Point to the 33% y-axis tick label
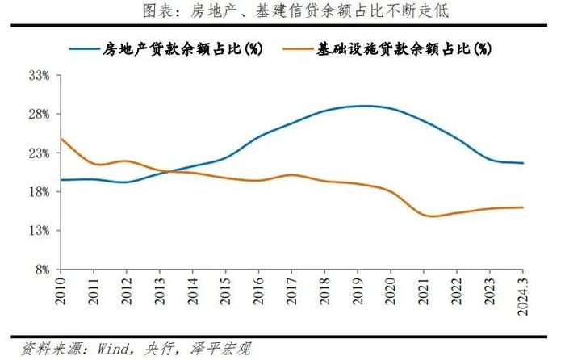coord(40,75)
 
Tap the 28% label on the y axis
coord(40,114)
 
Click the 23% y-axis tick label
coord(40,153)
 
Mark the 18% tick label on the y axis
coord(40,191)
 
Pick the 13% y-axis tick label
coord(40,230)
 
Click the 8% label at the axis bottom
coord(43,269)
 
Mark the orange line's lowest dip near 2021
coord(431,216)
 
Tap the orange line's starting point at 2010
coord(61,139)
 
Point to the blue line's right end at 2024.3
coord(522,163)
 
